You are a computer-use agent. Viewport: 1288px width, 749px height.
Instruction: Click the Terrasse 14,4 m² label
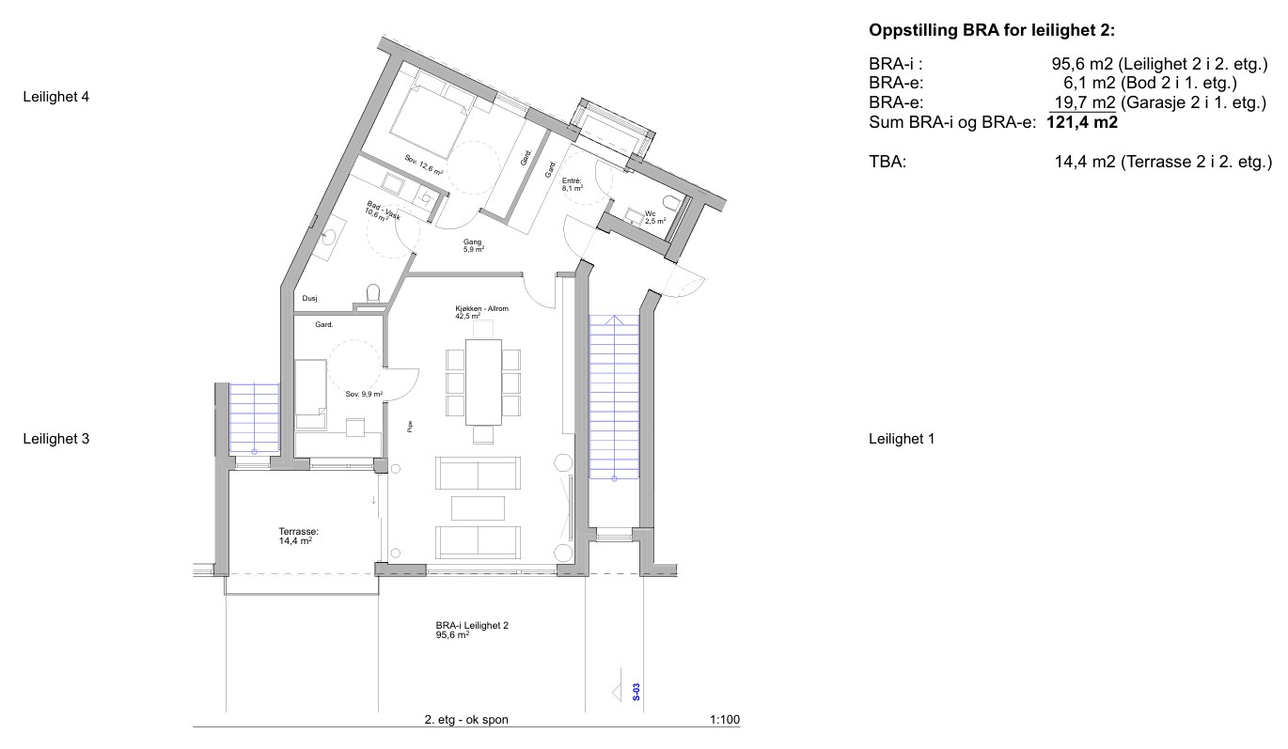point(298,537)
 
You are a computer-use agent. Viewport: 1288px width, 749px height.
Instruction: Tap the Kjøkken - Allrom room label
point(482,312)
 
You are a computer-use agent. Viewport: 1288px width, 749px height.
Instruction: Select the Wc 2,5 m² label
point(655,217)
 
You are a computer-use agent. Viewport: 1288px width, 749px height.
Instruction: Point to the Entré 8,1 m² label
point(573,184)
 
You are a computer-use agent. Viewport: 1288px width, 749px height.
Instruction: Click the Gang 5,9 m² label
point(473,246)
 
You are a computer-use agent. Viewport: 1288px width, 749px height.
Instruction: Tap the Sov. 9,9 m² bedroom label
point(364,395)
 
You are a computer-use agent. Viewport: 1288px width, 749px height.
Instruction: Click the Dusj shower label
point(309,298)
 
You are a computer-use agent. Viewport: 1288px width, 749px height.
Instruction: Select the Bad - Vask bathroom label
point(383,211)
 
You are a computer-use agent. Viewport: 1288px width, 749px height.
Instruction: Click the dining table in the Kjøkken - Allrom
point(483,382)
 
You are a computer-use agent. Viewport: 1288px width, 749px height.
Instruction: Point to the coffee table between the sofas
point(478,508)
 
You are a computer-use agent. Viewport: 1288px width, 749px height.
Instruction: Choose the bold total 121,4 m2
point(1082,122)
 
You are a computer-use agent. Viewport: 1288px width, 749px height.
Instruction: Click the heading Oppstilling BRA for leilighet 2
point(991,30)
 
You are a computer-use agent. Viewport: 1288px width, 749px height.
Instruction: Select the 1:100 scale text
point(725,720)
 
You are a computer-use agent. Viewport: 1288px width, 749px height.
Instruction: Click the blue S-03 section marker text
point(636,692)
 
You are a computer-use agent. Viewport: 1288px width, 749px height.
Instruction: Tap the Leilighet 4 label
point(55,97)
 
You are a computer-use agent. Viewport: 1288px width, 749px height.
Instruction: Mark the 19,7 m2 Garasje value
point(1084,102)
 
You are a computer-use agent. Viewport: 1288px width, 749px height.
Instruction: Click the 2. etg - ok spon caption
point(466,720)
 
